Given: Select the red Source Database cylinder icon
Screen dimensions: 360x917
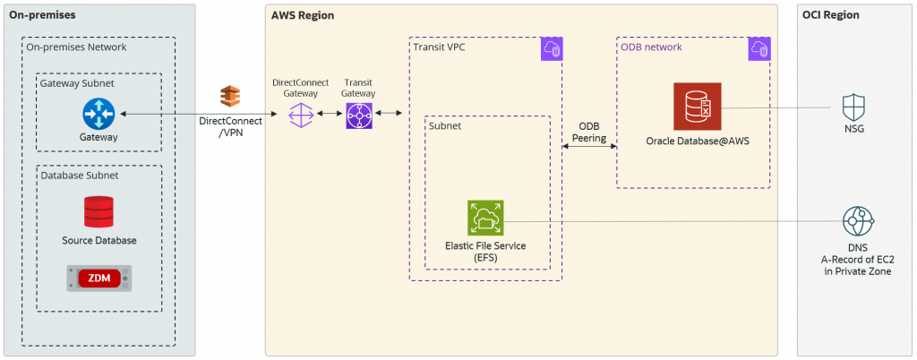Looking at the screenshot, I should pyautogui.click(x=99, y=212).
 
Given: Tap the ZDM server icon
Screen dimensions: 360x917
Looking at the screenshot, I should pyautogui.click(x=99, y=279).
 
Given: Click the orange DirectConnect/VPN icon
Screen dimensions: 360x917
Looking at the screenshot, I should pyautogui.click(x=231, y=96).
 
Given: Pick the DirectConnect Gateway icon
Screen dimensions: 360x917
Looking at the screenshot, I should pyautogui.click(x=300, y=115).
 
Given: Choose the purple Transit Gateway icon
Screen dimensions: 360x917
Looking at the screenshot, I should pyautogui.click(x=358, y=115).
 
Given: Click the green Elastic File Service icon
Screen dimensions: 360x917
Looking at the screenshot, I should pyautogui.click(x=485, y=219).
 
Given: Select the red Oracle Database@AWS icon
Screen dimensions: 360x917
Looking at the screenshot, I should pyautogui.click(x=697, y=108).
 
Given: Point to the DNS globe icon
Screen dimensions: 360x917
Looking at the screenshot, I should pyautogui.click(x=858, y=220).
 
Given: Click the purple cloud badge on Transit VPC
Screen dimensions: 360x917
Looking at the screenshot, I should pyautogui.click(x=551, y=50).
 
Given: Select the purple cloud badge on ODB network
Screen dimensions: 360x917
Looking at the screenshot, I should pyautogui.click(x=758, y=50).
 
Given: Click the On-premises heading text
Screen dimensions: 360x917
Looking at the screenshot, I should pyautogui.click(x=42, y=15).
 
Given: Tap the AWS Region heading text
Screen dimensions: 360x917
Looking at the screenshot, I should pyautogui.click(x=303, y=15).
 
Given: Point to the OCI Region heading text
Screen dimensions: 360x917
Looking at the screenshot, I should pyautogui.click(x=831, y=15).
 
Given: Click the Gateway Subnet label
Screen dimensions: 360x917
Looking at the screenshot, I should pyautogui.click(x=78, y=82).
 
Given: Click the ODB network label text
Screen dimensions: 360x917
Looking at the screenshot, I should pyautogui.click(x=652, y=47).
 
